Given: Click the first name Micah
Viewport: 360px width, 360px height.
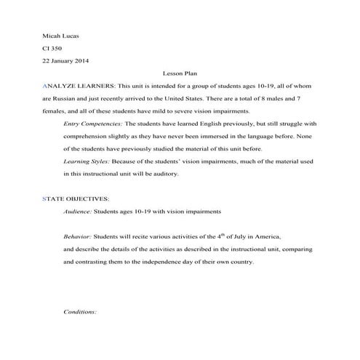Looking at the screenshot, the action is click(51, 35).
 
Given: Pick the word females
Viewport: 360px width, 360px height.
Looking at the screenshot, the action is click(55, 111).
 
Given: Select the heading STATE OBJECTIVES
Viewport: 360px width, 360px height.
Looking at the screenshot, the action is click(76, 199).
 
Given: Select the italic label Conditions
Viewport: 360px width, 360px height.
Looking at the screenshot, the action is click(80, 311).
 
